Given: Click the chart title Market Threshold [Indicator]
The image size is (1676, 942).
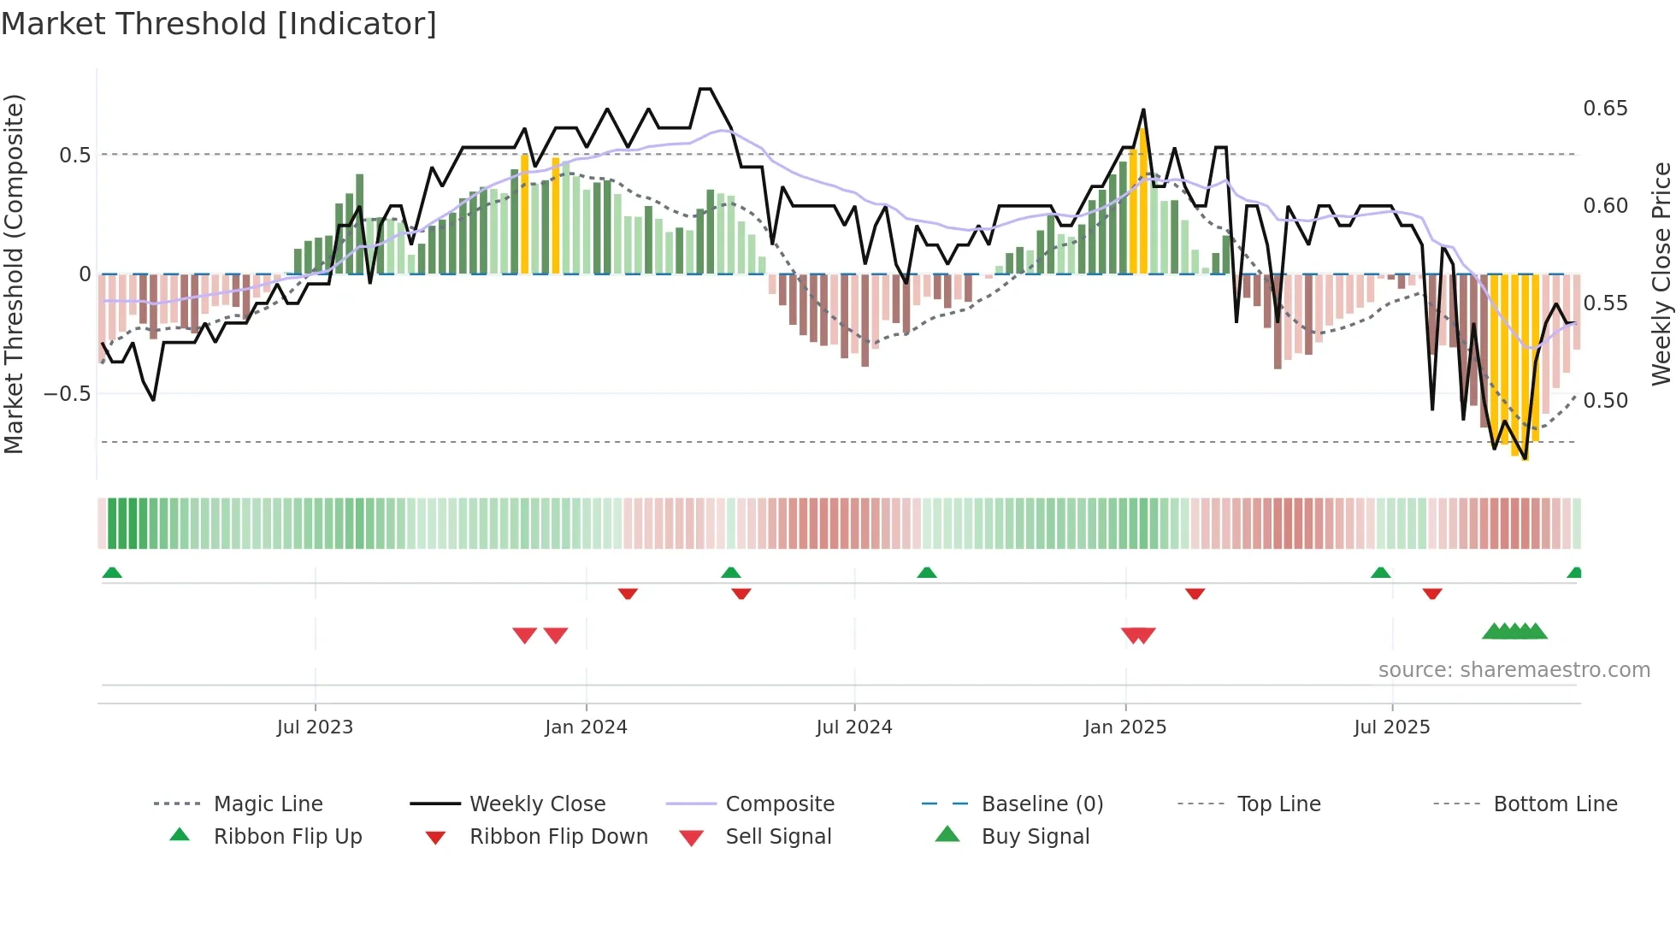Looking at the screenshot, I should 219,24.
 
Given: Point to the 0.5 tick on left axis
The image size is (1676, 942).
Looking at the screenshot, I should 75,155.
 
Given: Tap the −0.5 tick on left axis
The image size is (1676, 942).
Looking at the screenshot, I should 68,394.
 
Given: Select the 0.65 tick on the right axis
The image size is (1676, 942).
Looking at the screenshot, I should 1605,109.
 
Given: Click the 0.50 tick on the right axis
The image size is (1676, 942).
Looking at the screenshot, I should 1605,400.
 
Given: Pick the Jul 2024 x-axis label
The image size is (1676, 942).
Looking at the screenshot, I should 853,727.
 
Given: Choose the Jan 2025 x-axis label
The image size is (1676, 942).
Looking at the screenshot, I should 1124,727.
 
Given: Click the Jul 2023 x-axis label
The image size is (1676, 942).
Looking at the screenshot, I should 315,727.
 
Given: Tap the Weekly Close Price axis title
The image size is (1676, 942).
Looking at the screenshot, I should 1661,274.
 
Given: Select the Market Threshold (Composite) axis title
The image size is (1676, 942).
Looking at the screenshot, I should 14,274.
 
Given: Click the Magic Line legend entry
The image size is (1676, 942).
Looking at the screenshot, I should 268,804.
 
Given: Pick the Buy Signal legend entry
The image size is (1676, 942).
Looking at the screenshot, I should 1035,837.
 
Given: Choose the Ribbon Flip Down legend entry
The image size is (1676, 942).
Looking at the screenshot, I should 558,837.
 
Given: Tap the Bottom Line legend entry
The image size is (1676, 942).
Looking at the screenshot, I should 1555,804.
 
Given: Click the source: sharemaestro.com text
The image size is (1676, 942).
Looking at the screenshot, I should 1514,670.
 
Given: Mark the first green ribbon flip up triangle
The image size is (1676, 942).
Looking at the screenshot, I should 112,573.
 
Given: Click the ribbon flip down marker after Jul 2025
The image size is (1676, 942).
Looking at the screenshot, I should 1432,593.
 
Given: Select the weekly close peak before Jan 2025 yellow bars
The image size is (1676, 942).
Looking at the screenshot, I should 1143,110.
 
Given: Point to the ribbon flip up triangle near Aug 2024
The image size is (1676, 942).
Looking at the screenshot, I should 927,573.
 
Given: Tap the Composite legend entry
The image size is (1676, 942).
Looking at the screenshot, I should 779,804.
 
